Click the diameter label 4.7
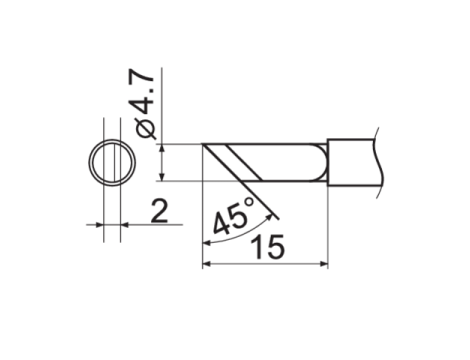(144, 91)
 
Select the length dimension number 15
(269, 247)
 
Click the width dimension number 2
(159, 211)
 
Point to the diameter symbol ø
(146, 128)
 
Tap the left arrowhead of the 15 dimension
(207, 264)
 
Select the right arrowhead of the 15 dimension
(324, 264)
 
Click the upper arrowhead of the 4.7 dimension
(162, 149)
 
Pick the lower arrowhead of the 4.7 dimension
(162, 177)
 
